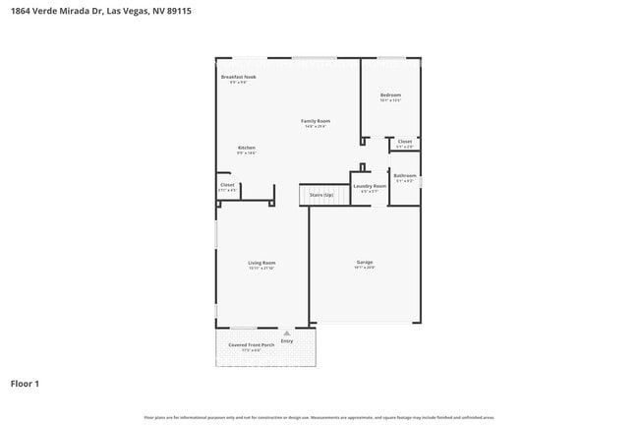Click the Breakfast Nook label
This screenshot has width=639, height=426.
coord(238,76)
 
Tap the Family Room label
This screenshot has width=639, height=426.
coord(315,121)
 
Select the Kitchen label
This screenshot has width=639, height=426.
coord(246,148)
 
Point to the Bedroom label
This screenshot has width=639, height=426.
coord(390,95)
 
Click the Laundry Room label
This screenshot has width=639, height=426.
coord(370,185)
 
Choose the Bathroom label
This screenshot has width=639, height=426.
coord(405,176)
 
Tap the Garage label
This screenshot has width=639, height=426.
coord(364,262)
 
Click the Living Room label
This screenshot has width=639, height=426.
coord(261,263)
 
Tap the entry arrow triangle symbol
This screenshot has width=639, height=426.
coord(286,334)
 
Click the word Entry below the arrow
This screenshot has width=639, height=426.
coord(286,341)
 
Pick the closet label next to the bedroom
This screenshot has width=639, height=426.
coord(405,142)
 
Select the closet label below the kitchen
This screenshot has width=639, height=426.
coord(227,184)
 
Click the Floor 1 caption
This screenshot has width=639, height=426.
coord(25,383)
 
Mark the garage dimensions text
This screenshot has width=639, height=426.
coord(364,268)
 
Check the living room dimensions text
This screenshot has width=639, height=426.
coord(261,269)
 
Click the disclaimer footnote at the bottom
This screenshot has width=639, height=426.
coord(319,418)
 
